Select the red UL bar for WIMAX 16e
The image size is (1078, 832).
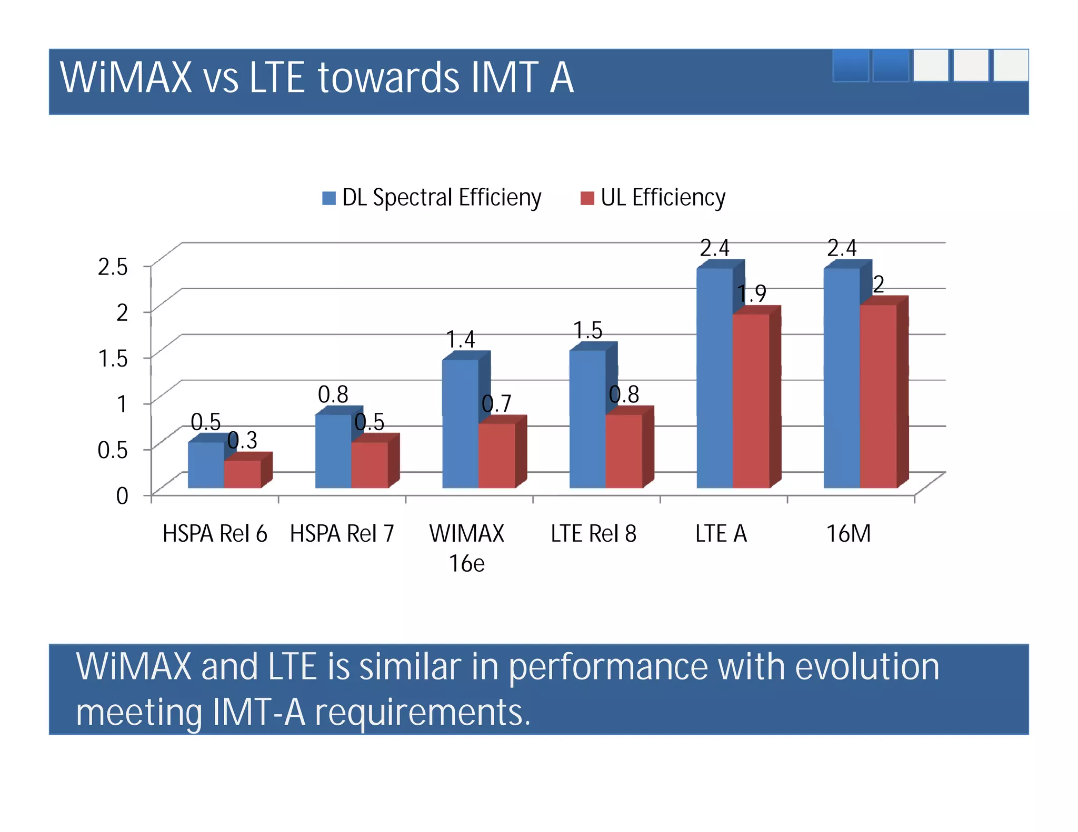point(496,455)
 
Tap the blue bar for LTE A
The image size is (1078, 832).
point(714,379)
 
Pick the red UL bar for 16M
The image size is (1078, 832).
point(878,397)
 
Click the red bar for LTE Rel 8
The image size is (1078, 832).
point(624,451)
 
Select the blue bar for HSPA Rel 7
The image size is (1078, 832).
point(333,451)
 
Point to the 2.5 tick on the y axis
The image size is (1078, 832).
point(113,267)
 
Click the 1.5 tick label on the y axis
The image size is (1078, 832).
point(113,359)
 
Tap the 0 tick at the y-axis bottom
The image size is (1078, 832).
point(122,496)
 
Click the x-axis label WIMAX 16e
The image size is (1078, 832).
point(466,548)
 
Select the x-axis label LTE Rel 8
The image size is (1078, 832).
point(593,534)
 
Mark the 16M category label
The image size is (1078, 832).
point(848,534)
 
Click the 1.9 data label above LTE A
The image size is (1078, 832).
point(751,293)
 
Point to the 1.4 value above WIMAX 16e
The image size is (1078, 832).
point(460,340)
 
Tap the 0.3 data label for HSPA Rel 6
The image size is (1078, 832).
point(242,440)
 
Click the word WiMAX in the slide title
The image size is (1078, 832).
point(126,78)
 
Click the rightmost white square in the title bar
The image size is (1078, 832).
point(1010,66)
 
